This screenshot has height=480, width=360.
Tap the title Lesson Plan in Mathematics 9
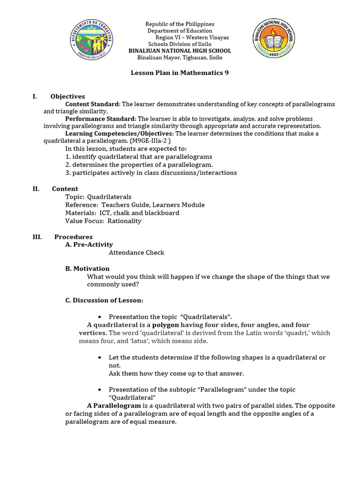click(179, 73)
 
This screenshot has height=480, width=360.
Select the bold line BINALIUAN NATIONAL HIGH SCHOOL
click(180, 51)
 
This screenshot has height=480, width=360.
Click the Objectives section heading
click(67, 96)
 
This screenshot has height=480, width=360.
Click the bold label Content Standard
click(92, 104)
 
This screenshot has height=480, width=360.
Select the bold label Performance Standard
click(100, 119)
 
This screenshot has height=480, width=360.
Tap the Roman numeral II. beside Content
click(36, 188)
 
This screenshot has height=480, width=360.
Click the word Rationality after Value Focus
click(124, 221)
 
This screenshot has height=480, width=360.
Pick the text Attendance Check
click(136, 253)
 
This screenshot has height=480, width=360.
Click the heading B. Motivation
click(87, 269)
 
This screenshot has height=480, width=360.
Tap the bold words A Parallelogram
click(114, 405)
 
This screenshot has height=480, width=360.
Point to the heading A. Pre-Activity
click(89, 244)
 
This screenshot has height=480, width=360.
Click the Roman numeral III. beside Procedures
click(37, 237)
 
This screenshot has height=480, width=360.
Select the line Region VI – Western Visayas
click(192, 37)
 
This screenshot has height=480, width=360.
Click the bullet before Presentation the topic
click(100, 317)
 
